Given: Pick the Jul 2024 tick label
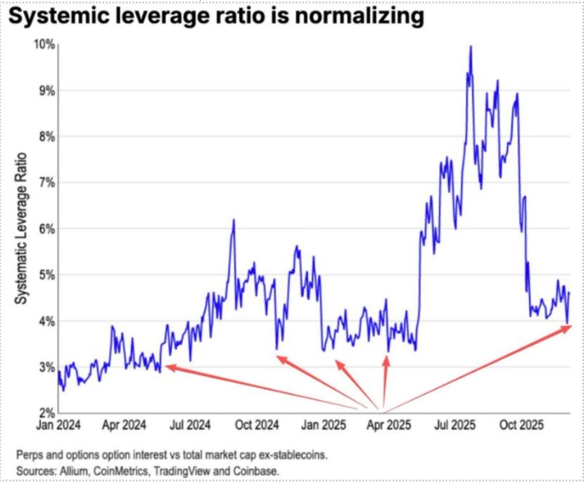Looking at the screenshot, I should pyautogui.click(x=191, y=426).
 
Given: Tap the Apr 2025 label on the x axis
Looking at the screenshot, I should pyautogui.click(x=385, y=426).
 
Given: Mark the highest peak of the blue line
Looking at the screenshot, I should pyautogui.click(x=470, y=46).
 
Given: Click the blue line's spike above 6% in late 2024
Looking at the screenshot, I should pyautogui.click(x=234, y=220).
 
